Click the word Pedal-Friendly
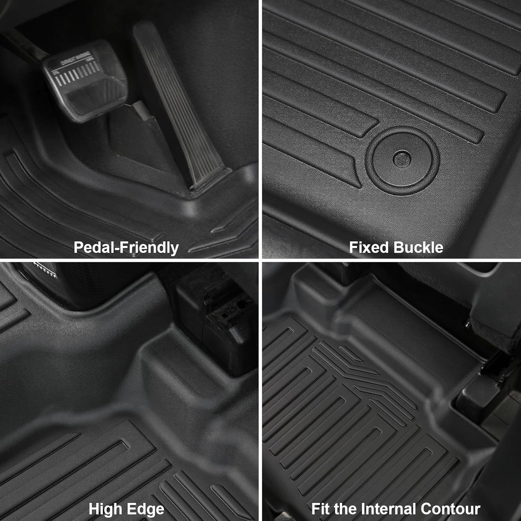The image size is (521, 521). coord(126,248)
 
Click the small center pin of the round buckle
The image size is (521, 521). coord(402,158)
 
